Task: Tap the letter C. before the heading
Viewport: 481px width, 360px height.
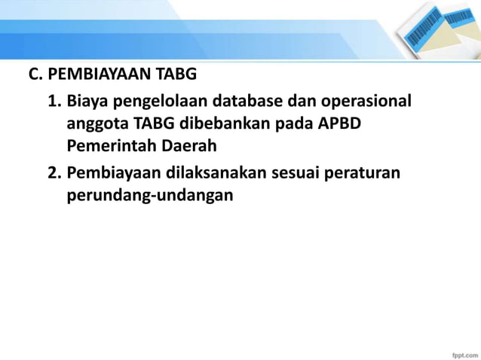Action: pos(34,75)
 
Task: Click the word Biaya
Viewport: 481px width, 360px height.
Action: pos(89,100)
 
